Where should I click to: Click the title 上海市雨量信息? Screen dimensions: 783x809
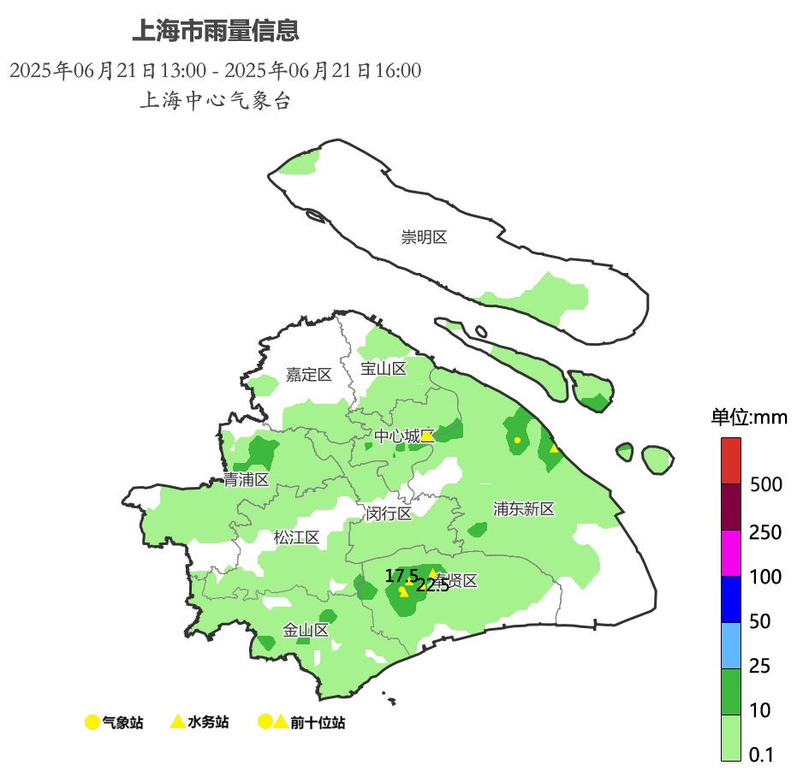(215, 32)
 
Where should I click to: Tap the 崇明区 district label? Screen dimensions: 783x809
(425, 237)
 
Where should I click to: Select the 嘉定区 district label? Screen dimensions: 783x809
(309, 374)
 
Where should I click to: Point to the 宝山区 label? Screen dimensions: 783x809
(383, 369)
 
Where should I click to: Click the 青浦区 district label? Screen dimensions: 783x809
(247, 479)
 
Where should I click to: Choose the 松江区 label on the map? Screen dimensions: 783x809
(296, 537)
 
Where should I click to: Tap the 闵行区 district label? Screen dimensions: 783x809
(389, 513)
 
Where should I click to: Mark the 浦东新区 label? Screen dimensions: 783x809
(524, 509)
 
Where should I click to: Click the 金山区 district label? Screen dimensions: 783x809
(306, 631)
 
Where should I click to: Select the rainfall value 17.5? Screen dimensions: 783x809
(402, 575)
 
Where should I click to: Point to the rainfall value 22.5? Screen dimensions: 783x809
(432, 585)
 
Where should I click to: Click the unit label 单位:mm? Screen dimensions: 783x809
(749, 418)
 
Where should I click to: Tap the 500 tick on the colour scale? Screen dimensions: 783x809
(765, 485)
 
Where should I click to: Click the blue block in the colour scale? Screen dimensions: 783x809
(730, 599)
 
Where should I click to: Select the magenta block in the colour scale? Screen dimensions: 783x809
(730, 554)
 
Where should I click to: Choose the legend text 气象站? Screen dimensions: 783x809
(122, 722)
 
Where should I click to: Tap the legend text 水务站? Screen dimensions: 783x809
(208, 722)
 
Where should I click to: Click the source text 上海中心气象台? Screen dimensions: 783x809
(215, 100)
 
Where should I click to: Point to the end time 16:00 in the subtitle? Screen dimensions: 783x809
(399, 70)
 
